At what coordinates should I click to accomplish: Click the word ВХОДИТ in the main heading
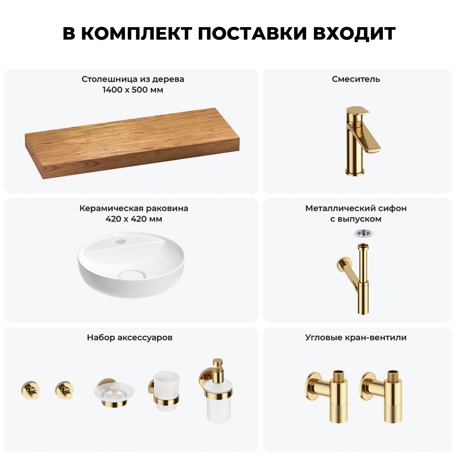coord(354,34)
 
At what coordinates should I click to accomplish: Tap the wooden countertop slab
coord(132,143)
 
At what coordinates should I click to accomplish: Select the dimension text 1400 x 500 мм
coord(133,90)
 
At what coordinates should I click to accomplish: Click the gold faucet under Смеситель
coord(360,141)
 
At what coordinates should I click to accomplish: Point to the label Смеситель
coord(356,79)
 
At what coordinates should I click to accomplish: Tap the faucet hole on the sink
coord(120,242)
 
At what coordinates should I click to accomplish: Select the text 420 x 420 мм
coord(134,219)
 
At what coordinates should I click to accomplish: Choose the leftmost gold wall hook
coord(30,390)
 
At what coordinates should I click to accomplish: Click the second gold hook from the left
coord(64,390)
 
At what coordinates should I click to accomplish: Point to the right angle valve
coord(382,396)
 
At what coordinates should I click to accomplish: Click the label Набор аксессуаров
coord(130,338)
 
